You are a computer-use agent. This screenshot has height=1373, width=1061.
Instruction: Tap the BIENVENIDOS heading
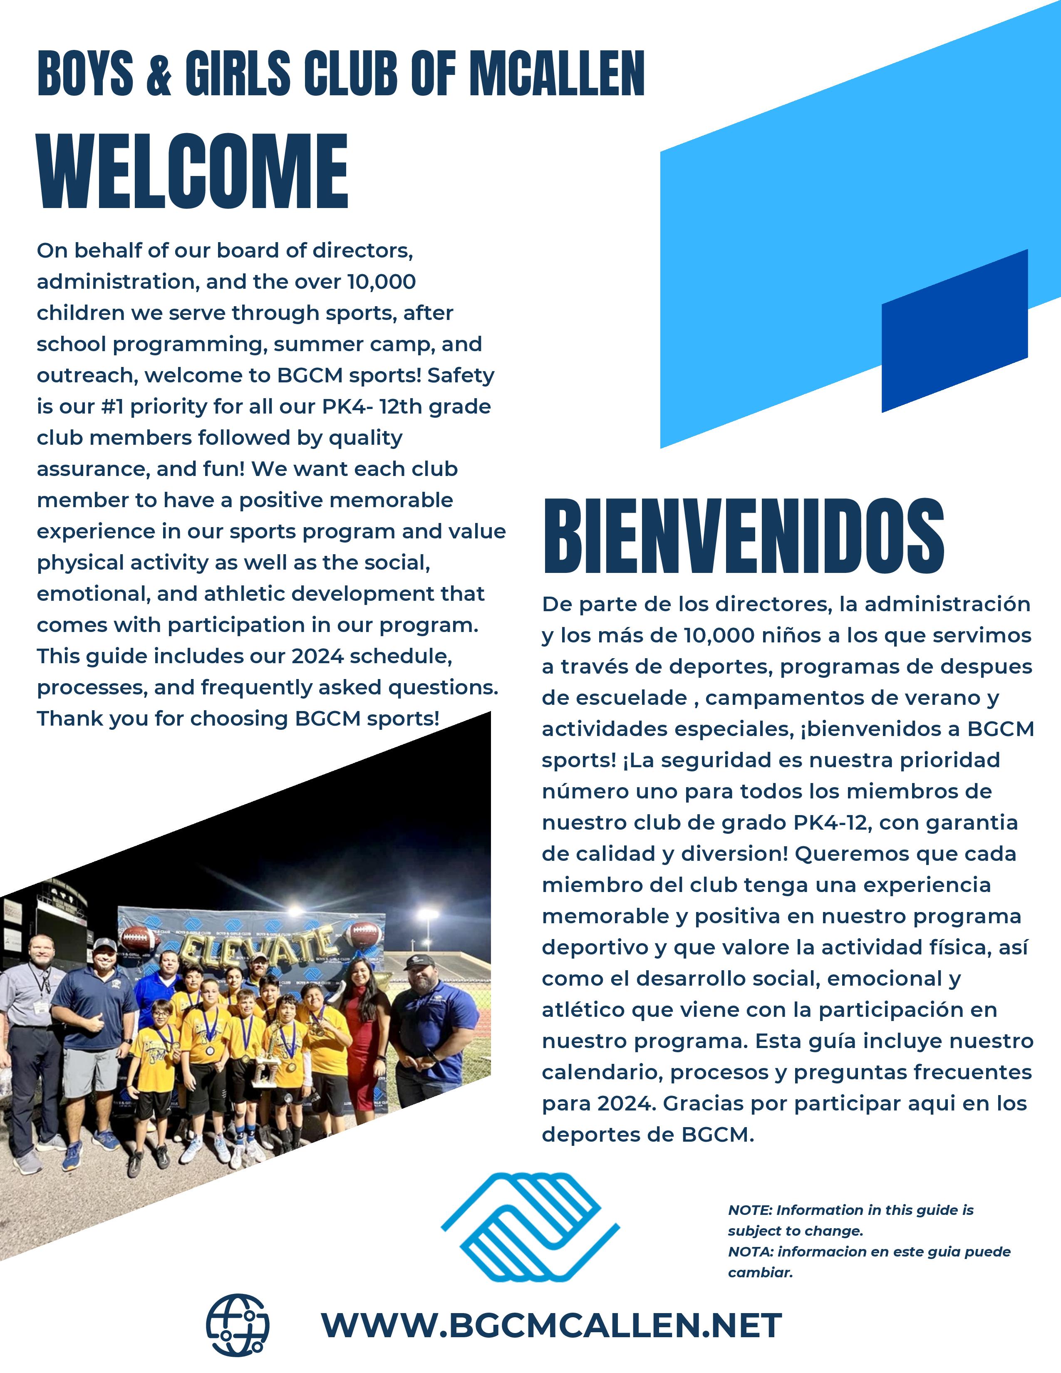click(743, 536)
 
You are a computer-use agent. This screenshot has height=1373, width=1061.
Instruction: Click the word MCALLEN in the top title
click(558, 74)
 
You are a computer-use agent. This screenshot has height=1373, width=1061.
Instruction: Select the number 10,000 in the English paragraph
click(382, 282)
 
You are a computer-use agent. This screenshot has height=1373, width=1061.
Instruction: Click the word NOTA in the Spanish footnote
click(750, 1252)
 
